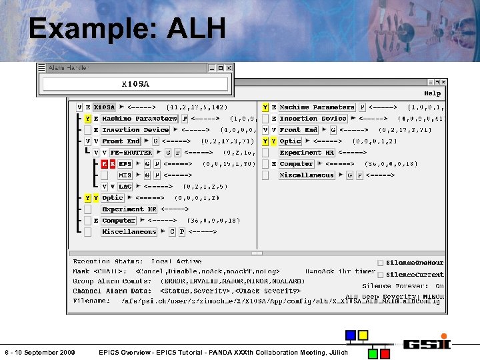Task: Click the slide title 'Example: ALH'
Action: [127, 29]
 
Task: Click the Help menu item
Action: [432, 93]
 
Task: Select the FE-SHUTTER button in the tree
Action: [131, 153]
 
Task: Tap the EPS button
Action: [125, 164]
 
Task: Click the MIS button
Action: [125, 175]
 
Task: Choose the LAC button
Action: [125, 187]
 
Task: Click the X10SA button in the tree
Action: [104, 107]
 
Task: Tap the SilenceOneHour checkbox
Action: [381, 263]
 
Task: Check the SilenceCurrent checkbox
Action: [381, 275]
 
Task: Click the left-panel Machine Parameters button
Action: [139, 119]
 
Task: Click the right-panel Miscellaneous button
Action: [307, 175]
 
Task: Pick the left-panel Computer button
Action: [119, 221]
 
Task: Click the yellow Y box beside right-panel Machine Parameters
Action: [265, 107]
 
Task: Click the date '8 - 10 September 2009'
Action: [39, 352]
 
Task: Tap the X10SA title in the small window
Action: [135, 84]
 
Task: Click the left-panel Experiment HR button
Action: [129, 209]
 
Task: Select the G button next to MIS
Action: [147, 175]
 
